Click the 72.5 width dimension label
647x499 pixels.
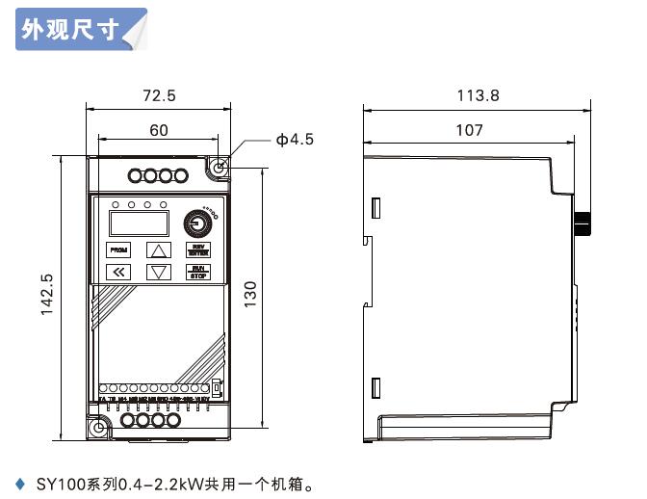click(x=159, y=95)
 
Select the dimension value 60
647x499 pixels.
click(x=159, y=130)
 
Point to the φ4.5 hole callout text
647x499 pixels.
click(x=295, y=140)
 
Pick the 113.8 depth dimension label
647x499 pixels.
click(x=479, y=95)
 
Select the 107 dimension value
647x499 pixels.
click(x=469, y=130)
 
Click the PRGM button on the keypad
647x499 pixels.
click(x=117, y=249)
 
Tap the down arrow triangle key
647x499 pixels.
click(x=158, y=272)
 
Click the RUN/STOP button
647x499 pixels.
click(x=197, y=272)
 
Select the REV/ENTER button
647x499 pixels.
click(x=197, y=249)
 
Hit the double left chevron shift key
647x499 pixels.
click(x=117, y=272)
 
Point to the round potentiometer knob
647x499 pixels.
click(x=198, y=223)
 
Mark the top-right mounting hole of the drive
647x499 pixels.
click(x=219, y=167)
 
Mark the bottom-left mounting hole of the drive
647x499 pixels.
click(x=98, y=427)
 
